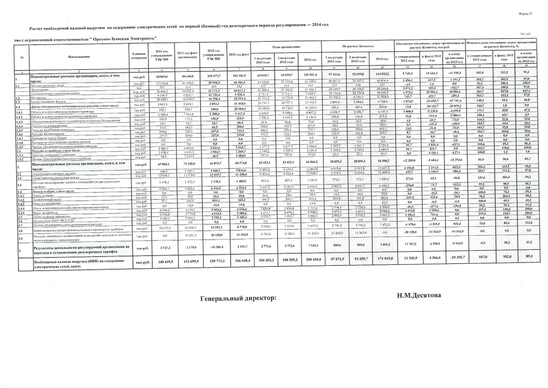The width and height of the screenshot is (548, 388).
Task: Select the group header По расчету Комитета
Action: tap(356, 46)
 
